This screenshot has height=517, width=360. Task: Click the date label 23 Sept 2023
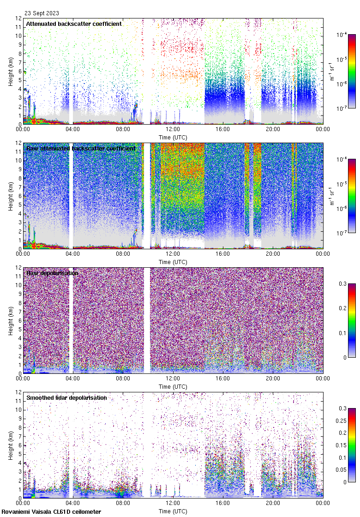[x=42, y=13]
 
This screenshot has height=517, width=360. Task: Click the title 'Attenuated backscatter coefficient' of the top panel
[x=74, y=24]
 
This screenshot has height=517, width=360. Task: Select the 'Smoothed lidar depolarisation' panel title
[x=66, y=397]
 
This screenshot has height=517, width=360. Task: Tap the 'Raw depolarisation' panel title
[x=52, y=273]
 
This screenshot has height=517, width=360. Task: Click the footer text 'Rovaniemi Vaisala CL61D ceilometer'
[x=51, y=511]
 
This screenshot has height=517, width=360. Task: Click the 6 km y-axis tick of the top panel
[x=18, y=71]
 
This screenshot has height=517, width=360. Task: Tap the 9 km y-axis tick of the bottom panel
[x=18, y=419]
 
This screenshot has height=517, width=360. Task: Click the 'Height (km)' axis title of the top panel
[x=10, y=71]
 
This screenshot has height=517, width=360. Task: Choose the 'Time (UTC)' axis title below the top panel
[x=173, y=137]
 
